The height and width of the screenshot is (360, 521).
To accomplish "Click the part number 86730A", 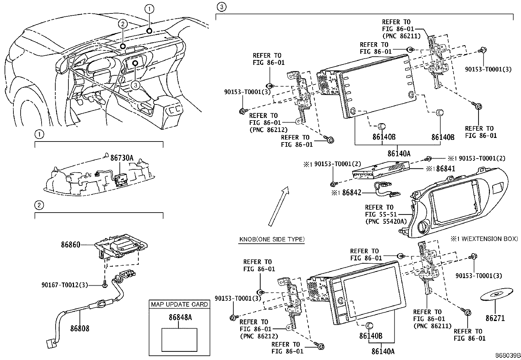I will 122,158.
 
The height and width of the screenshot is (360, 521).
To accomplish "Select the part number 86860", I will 70,244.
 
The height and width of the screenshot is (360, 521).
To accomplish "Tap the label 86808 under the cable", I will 80,328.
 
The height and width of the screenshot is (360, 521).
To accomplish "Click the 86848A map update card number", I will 180,317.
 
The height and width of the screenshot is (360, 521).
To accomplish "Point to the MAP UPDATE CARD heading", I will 179,304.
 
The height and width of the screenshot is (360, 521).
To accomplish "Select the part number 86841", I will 445,169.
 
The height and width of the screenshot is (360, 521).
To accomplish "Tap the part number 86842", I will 351,193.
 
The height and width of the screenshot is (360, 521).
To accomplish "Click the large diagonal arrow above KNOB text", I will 278,206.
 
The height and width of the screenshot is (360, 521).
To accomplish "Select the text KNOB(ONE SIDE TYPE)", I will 272,239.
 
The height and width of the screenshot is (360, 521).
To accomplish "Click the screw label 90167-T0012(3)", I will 65,285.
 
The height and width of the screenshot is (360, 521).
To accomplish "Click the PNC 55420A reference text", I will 386,221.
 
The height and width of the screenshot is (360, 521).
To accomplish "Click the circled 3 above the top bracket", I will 222,7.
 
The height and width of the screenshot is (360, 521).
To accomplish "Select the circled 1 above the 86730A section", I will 39,134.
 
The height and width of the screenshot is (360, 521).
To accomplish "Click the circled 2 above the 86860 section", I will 39,205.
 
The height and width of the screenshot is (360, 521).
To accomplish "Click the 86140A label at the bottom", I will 383,351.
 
